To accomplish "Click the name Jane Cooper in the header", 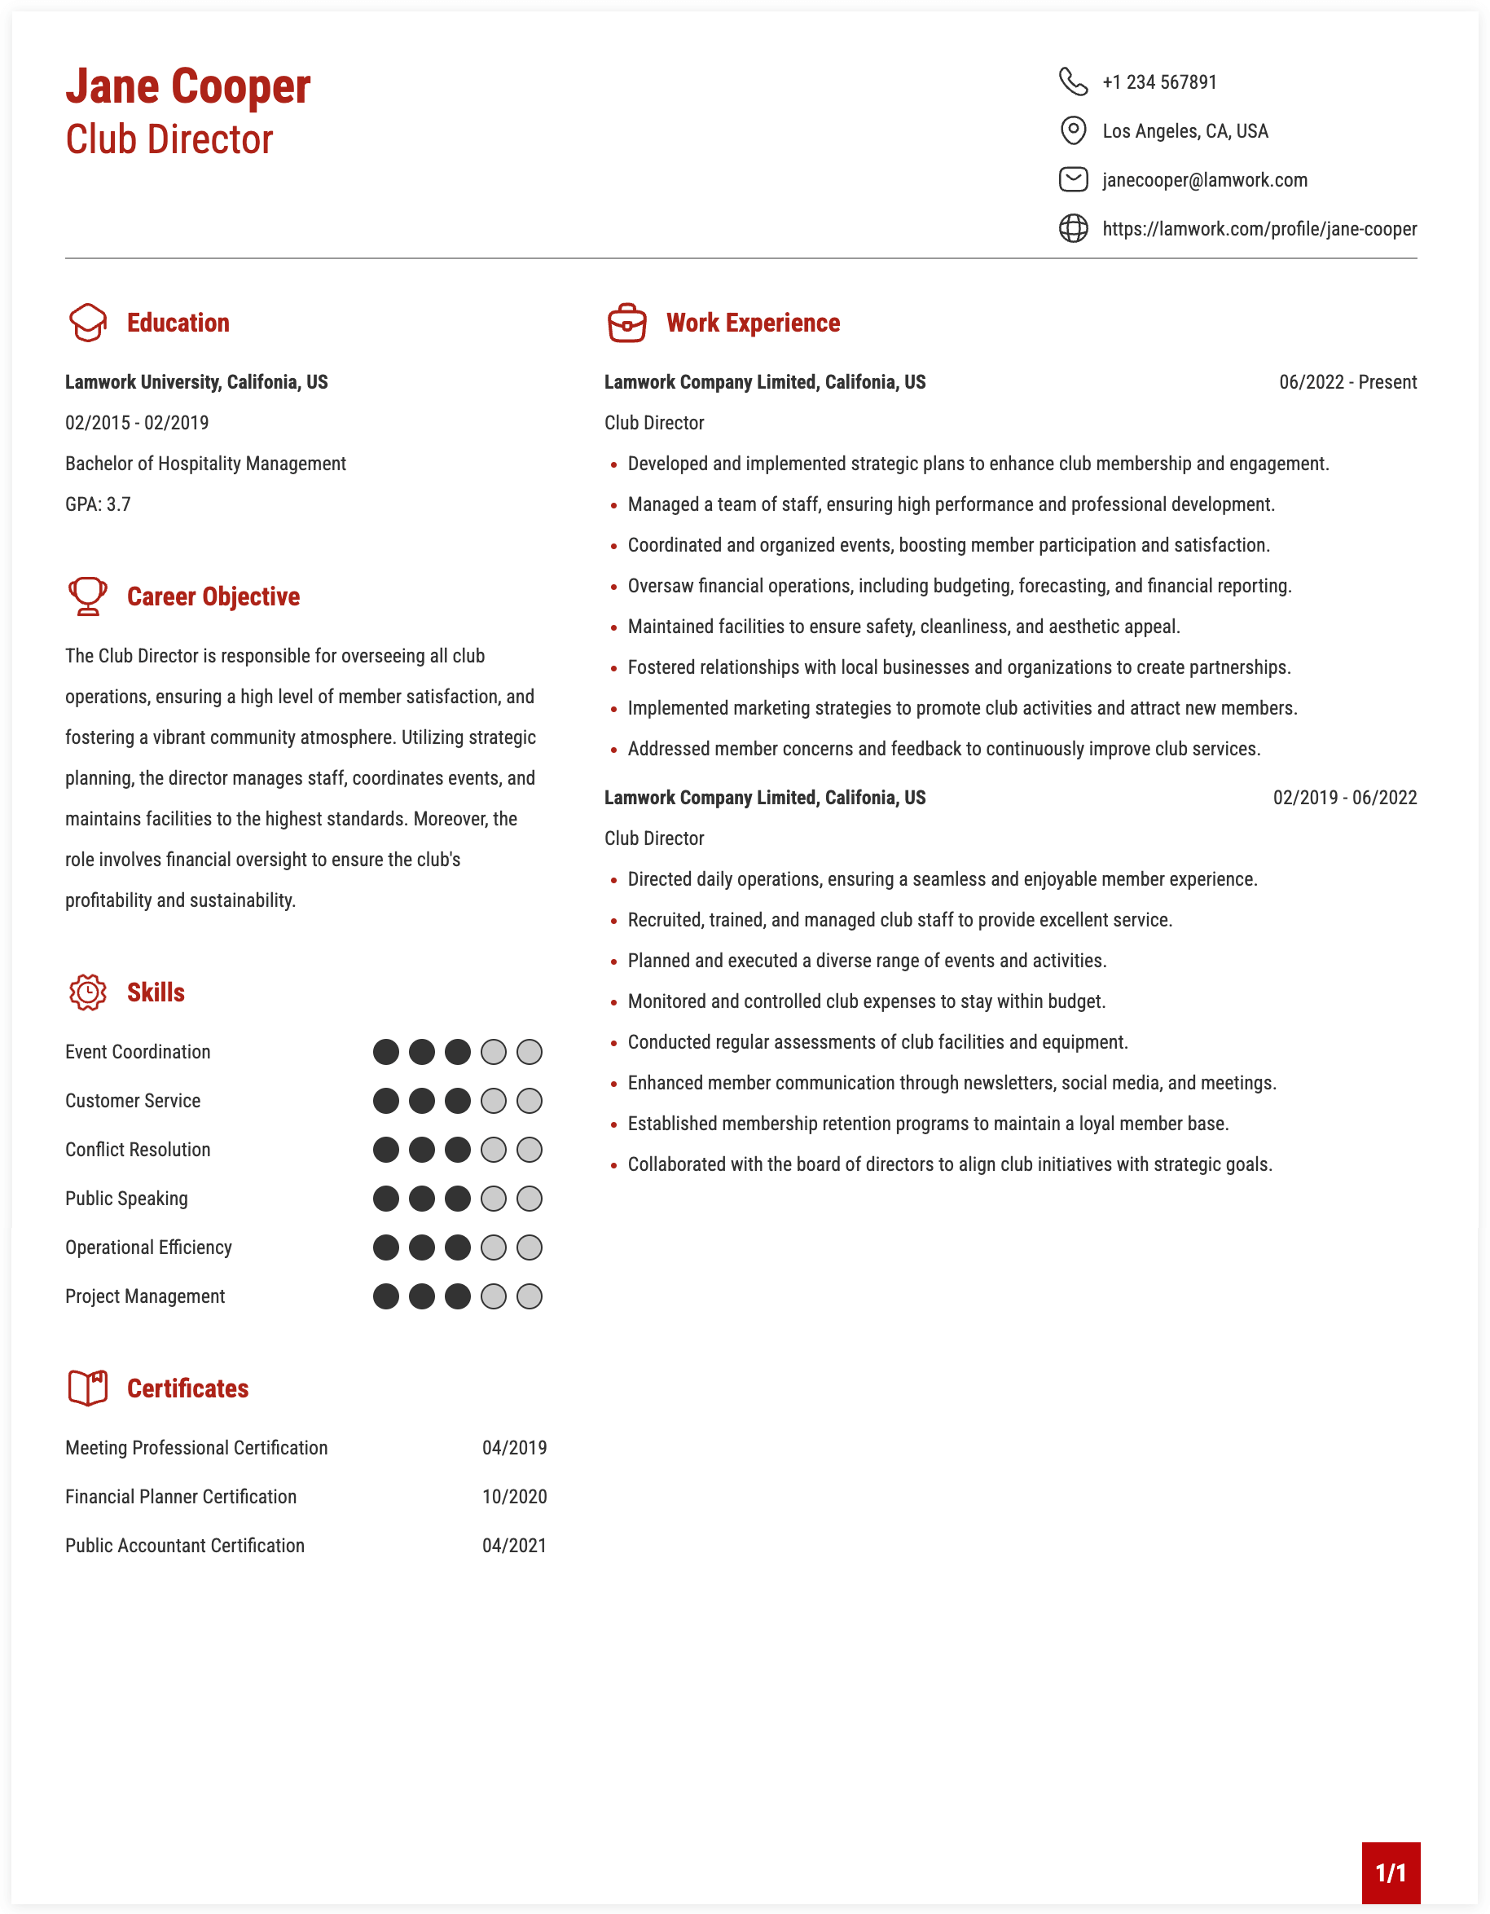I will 187,86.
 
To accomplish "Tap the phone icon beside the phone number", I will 1073,81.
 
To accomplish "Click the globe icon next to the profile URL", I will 1073,229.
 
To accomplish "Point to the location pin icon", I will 1073,130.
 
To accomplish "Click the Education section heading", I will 178,323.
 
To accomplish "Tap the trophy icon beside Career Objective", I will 88,596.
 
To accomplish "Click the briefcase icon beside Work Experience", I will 627,323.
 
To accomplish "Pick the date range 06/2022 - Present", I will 1347,382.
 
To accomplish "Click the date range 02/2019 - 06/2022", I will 1345,798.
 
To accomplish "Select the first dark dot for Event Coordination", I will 385,1052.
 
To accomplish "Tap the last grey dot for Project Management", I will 529,1296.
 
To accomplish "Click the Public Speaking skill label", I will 126,1199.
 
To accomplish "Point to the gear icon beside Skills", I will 88,992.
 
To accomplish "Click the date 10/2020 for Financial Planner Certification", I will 514,1497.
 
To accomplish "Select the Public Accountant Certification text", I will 185,1546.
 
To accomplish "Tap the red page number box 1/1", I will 1390,1872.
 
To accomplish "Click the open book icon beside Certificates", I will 88,1388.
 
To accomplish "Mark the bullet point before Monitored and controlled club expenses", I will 614,1002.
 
